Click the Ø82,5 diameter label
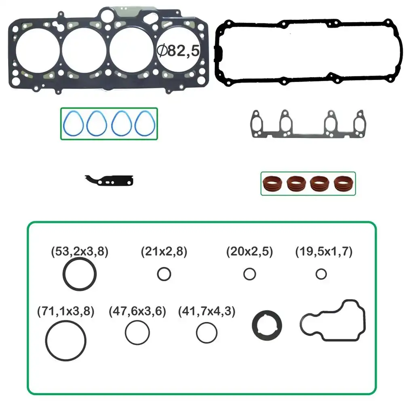pyautogui.click(x=178, y=50)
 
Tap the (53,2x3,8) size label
pyautogui.click(x=80, y=251)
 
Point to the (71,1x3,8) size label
pyautogui.click(x=66, y=311)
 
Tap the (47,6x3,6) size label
pyautogui.click(x=137, y=311)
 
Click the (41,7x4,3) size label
pyautogui.click(x=206, y=311)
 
